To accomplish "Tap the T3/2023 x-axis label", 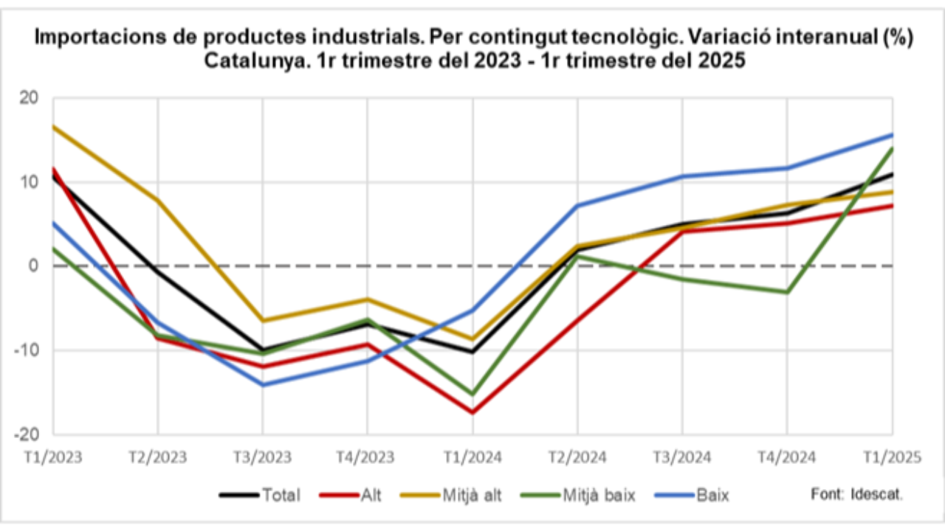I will click(262, 457).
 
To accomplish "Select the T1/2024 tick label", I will click(472, 457).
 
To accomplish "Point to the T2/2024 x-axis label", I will click(577, 457).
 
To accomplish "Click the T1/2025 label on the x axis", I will click(891, 457).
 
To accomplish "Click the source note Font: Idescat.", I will click(856, 494).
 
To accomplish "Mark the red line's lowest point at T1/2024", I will click(472, 412).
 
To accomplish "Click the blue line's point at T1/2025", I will click(892, 135).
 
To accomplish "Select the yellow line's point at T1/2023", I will click(53, 127).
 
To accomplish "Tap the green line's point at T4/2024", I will click(787, 292).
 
